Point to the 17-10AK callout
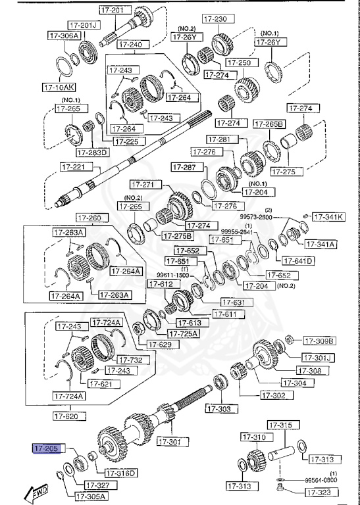(x=59, y=86)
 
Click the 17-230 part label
(x=216, y=19)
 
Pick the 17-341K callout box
(x=328, y=216)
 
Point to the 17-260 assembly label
(x=90, y=218)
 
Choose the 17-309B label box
(x=319, y=341)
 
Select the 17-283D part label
(x=93, y=153)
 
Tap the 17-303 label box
(x=218, y=410)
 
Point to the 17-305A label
(x=91, y=496)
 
